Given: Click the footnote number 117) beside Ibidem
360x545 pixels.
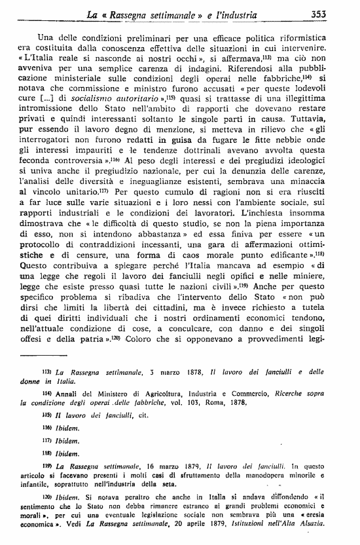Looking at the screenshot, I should click(x=47, y=440).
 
